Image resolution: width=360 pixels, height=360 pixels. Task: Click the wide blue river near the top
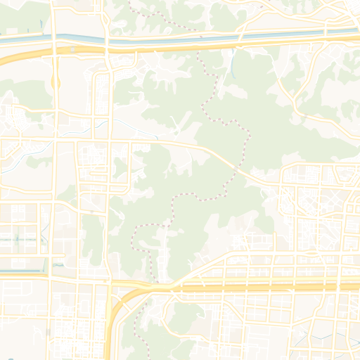176,40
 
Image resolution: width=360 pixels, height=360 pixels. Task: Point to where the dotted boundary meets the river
200,37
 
